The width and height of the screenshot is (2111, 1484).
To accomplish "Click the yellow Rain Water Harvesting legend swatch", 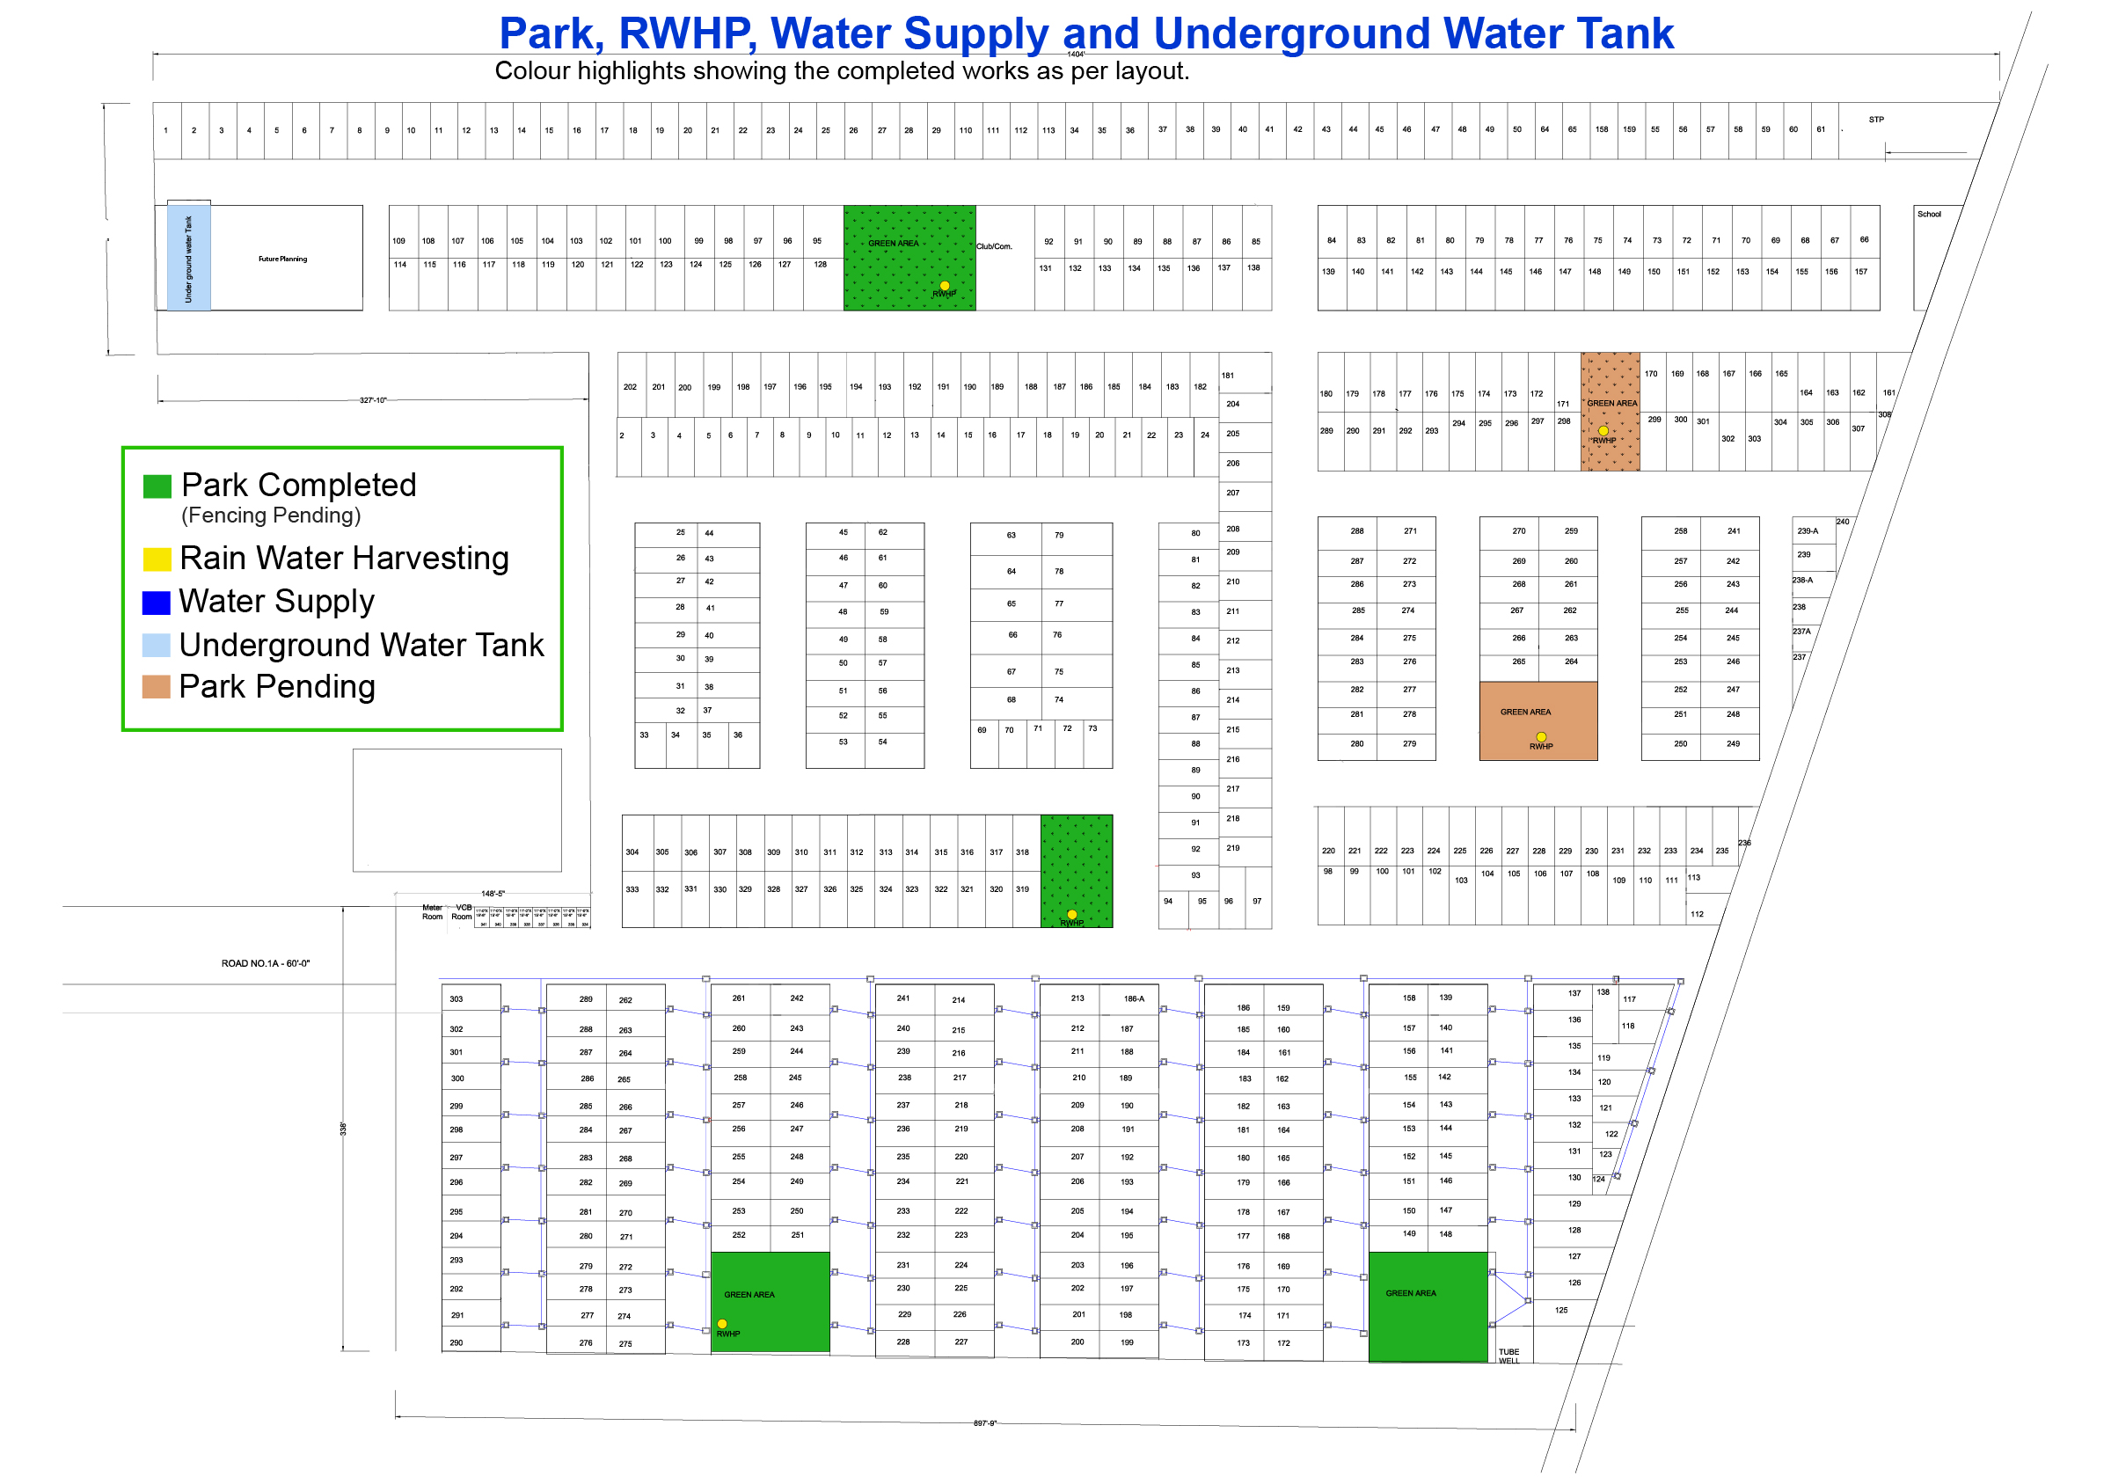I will coord(157,559).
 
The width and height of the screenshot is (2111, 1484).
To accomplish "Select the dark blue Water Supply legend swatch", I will coord(157,603).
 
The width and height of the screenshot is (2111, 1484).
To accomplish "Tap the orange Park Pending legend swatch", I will coord(157,687).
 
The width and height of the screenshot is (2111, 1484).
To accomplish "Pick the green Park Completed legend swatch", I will coord(157,486).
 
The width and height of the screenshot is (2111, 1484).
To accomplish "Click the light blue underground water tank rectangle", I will coord(188,259).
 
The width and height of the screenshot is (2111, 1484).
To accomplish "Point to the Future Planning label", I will coord(282,260).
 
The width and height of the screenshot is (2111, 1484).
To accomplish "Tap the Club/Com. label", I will coord(994,246).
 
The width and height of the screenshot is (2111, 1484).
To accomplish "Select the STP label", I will coord(1875,120).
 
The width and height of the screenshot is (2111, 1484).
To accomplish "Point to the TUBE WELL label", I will coord(1508,1356).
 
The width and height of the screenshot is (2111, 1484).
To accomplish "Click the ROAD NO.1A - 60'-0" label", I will coord(266,963).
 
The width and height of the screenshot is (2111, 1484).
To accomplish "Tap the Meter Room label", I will coord(432,912).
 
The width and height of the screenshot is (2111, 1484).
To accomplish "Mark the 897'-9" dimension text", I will coord(985,1423).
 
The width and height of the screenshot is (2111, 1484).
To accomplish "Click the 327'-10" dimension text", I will coord(373,400).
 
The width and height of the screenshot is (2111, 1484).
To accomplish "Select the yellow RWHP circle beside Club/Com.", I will coord(945,286).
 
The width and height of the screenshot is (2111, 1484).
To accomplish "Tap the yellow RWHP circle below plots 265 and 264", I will coord(1541,736).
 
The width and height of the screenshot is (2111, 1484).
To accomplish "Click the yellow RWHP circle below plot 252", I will coord(722,1324).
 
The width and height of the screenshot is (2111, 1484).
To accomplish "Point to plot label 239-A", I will coord(1808,530).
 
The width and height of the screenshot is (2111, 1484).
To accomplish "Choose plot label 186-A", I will coord(1134,998).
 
